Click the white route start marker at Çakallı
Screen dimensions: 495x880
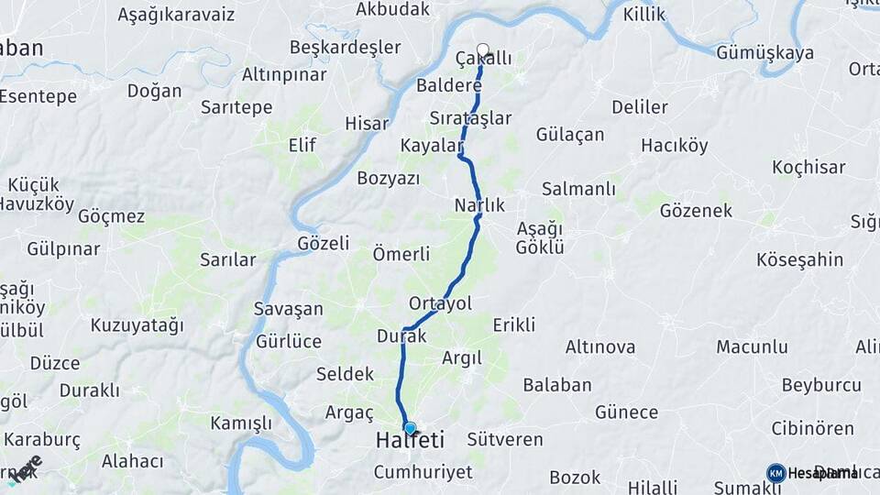point(483,50)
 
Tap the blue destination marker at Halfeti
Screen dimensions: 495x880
point(410,428)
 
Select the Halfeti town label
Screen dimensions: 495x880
point(410,442)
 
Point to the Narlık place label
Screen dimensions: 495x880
point(479,206)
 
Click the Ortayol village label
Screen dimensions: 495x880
point(440,303)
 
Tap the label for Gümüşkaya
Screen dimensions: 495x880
point(764,53)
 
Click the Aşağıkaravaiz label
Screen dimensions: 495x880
point(176,15)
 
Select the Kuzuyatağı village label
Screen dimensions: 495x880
point(137,325)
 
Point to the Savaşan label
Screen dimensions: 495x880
point(289,309)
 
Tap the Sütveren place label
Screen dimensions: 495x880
point(505,439)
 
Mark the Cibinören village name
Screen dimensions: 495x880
point(812,428)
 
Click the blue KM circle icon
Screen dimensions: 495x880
point(775,473)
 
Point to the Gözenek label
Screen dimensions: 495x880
point(696,211)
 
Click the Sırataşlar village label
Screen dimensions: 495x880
point(470,117)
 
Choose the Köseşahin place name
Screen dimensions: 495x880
point(799,259)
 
